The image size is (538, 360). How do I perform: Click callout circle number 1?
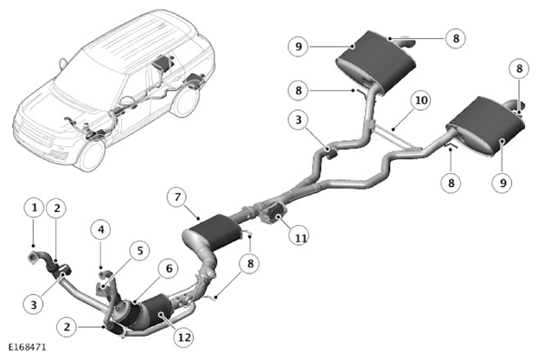35,208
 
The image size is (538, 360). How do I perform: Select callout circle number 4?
101,229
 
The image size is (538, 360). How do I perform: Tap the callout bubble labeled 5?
140,250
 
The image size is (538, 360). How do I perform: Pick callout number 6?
170,269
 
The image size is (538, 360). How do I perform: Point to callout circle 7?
177,197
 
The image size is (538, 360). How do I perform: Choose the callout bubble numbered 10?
421,100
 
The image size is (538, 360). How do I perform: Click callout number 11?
300,237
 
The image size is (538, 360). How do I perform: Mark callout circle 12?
184,337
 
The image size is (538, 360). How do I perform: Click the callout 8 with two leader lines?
250,263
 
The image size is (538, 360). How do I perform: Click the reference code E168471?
27,347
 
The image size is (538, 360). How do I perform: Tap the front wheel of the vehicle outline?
92,155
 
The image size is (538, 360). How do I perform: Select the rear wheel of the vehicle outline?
186,100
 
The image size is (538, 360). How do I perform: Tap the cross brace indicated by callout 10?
394,137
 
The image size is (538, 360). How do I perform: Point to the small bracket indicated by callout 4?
105,274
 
